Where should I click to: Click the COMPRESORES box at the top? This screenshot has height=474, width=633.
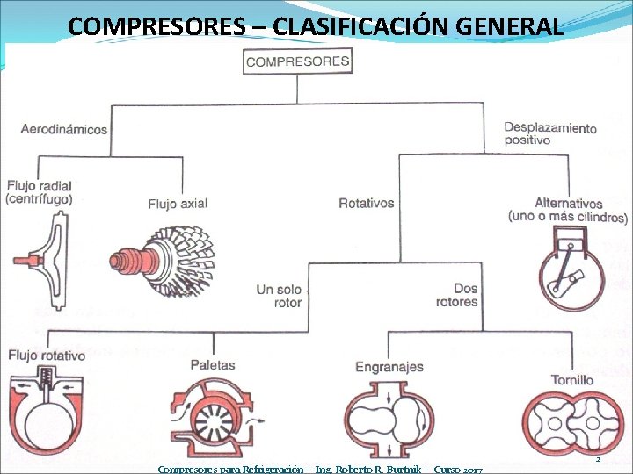click(297, 61)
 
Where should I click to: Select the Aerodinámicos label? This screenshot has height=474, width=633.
click(64, 129)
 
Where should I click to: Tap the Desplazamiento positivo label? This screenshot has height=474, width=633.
click(549, 134)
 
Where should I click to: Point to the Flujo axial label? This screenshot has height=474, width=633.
click(178, 204)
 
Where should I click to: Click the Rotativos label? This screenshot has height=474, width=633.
click(367, 203)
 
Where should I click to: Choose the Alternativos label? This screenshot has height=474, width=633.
click(568, 210)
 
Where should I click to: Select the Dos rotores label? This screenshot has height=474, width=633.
click(456, 295)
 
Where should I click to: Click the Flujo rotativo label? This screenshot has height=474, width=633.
click(47, 355)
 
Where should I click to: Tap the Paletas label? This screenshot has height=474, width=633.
click(213, 364)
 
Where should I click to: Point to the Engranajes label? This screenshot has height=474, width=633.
click(389, 366)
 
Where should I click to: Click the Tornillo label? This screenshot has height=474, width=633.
click(571, 380)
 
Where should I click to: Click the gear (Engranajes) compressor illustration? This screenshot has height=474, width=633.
click(387, 418)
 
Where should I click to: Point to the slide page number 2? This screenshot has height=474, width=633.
click(598, 459)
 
